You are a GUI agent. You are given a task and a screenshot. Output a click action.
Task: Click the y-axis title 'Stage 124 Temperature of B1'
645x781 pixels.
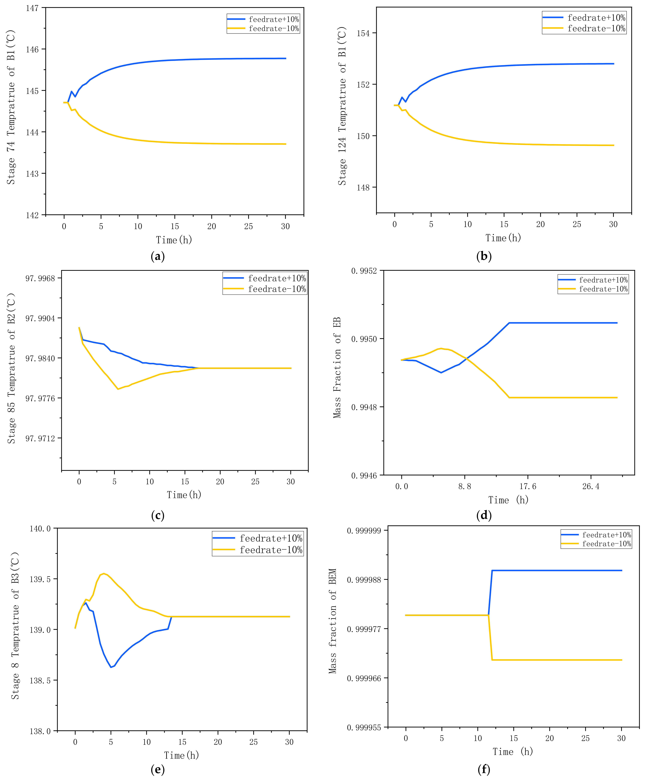342,106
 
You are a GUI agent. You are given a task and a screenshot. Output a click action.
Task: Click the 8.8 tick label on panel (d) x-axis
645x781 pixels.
464,486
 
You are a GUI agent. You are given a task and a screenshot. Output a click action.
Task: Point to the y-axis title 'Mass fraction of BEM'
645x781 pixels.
333,621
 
